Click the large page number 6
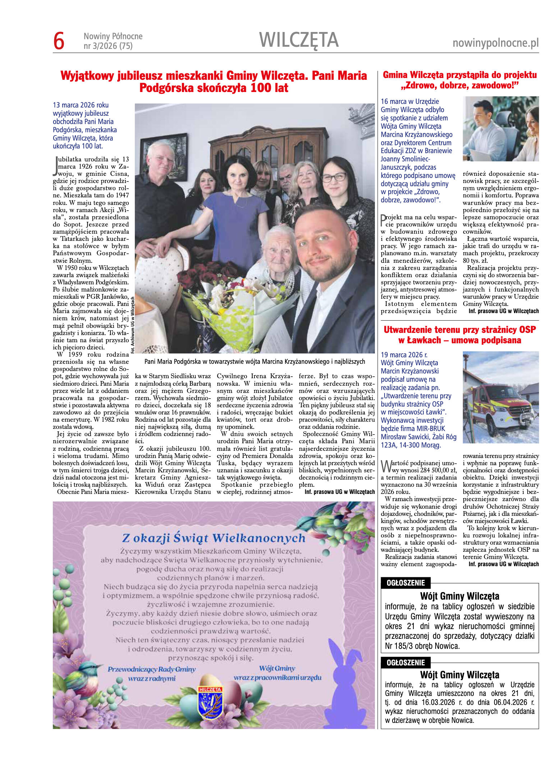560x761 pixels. click(59, 41)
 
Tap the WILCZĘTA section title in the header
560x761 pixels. click(299, 40)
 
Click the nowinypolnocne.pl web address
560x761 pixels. click(495, 43)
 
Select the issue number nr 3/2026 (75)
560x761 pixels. click(108, 46)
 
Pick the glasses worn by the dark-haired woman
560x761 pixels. click(334, 177)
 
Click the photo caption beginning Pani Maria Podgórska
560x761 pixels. click(254, 362)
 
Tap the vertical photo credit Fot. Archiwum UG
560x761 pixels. click(132, 325)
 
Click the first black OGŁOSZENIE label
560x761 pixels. click(405, 583)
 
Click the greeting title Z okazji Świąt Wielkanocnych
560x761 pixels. click(214, 538)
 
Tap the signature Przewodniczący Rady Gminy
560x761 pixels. click(152, 669)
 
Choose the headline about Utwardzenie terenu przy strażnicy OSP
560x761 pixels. click(459, 335)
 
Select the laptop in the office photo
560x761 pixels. click(482, 155)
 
